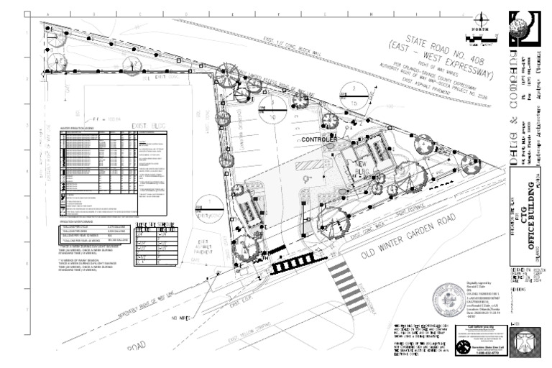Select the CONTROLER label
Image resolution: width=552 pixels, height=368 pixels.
click(318, 139)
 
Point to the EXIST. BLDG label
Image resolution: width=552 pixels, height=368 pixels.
click(149, 126)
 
